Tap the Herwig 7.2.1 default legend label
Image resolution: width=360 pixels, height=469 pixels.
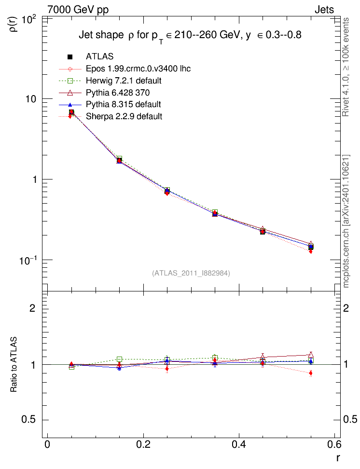pos(124,81)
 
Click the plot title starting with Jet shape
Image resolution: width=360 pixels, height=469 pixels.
pos(190,36)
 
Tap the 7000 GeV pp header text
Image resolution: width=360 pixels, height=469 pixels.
pos(78,10)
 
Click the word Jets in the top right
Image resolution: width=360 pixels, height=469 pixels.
pos(324,10)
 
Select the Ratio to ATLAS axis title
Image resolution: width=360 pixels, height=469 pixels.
pos(14,365)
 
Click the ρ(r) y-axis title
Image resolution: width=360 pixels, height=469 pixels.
pos(14,24)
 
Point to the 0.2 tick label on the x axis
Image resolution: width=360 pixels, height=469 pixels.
pos(143,444)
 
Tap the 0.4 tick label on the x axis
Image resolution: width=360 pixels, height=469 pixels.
pos(239,444)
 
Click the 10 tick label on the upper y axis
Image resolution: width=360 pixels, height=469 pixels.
pos(30,99)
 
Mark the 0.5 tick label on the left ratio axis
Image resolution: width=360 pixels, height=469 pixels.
pos(28,420)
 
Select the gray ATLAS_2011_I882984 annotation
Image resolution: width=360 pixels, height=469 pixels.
pos(191,273)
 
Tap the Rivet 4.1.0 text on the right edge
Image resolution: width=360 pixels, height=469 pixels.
pos(346,67)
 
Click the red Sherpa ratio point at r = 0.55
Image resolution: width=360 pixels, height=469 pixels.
pos(311,373)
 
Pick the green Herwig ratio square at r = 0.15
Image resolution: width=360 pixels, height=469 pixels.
pos(119,359)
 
